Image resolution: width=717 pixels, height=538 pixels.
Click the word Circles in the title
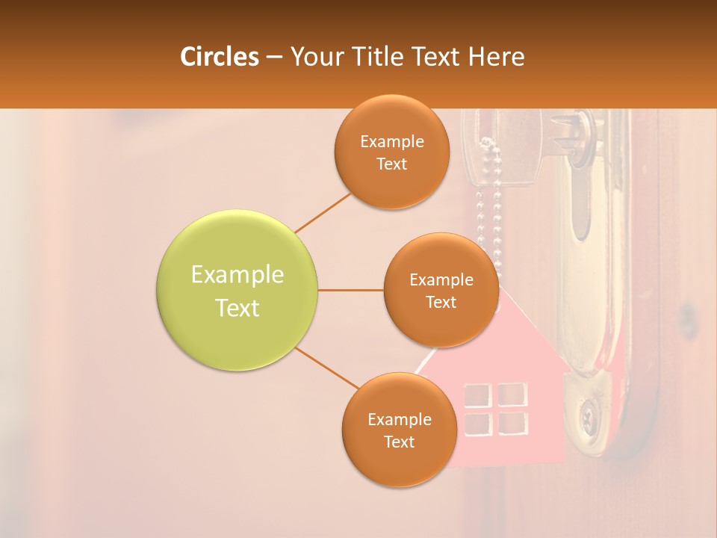(219, 57)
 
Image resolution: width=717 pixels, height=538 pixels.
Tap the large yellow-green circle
(238, 290)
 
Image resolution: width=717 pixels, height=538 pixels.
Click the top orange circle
(392, 152)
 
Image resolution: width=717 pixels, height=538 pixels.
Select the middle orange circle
(441, 290)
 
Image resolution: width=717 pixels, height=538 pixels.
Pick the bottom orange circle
(399, 430)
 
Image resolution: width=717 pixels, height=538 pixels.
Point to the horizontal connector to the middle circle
(351, 290)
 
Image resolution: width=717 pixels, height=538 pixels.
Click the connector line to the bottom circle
(326, 368)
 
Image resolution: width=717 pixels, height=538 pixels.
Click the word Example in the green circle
(238, 275)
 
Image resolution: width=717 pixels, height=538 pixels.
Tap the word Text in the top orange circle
(392, 164)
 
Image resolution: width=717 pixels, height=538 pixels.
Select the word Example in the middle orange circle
(441, 280)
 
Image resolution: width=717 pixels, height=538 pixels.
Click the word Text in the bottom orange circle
(399, 442)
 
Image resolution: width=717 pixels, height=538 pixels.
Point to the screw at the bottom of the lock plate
(588, 412)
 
